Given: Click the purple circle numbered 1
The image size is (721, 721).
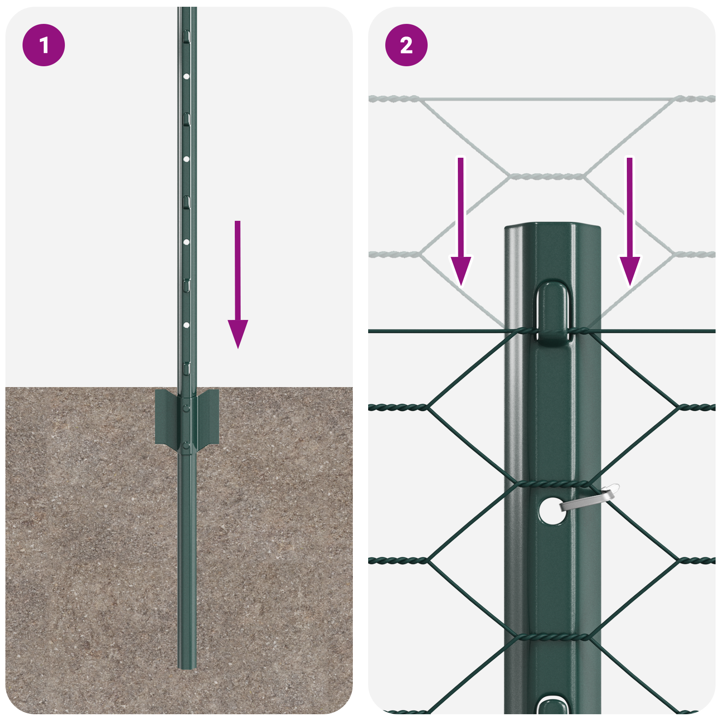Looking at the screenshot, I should (44, 45).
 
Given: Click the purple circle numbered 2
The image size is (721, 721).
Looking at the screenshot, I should (406, 45).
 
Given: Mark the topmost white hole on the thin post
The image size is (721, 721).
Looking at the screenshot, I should (186, 77).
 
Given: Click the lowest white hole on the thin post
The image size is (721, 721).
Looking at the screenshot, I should (186, 325).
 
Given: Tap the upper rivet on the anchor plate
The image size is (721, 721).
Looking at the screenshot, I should (186, 408).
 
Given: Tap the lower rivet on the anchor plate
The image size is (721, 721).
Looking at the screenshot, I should (186, 446).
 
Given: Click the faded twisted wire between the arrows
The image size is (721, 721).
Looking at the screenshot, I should (546, 176).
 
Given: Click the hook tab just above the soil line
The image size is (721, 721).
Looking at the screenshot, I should (187, 368).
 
